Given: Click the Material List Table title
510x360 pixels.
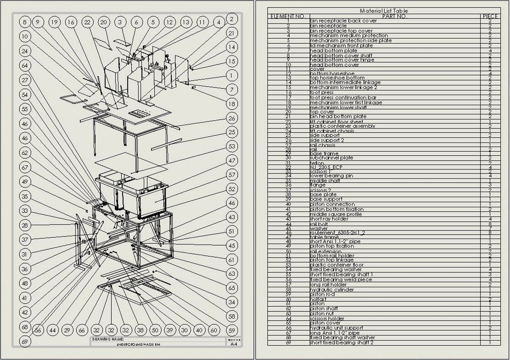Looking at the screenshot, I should (x=383, y=11).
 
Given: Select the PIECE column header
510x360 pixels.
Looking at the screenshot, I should (x=490, y=16).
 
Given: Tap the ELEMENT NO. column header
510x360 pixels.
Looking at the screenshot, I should (x=288, y=16).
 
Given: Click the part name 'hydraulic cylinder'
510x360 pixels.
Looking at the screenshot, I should (x=332, y=290).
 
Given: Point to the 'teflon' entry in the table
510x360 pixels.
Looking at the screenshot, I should (x=317, y=163).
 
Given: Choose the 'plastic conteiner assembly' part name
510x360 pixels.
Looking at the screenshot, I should (x=342, y=126).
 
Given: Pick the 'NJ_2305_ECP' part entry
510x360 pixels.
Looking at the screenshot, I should (x=326, y=167).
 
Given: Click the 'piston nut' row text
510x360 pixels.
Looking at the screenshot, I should (x=321, y=314).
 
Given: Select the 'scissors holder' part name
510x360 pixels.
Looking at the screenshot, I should (x=327, y=318).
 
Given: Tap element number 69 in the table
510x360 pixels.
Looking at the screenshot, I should (x=288, y=343).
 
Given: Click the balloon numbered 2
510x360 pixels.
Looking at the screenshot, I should (x=232, y=19).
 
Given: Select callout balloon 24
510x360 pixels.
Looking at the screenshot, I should (x=25, y=51).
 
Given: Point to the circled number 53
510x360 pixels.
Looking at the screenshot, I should (x=232, y=146).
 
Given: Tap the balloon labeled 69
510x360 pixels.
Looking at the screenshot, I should (x=25, y=341).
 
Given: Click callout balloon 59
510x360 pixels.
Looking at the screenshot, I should (x=232, y=331).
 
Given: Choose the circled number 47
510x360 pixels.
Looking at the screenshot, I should (x=232, y=160).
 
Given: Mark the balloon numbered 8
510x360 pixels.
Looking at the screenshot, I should (x=25, y=22).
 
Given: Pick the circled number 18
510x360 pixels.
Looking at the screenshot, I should (x=232, y=104).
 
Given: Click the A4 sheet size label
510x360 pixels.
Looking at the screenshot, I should (x=234, y=344).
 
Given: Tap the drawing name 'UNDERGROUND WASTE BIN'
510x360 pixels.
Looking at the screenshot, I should (x=138, y=344).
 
